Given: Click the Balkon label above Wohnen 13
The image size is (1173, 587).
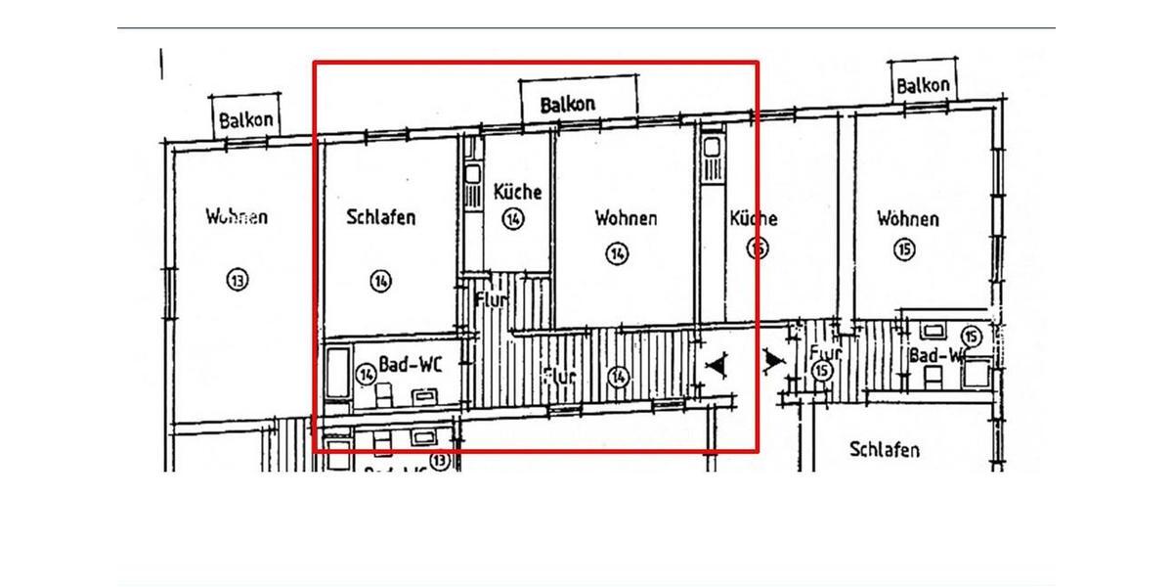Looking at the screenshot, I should point(245,120).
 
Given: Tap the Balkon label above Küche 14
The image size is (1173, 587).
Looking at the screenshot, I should point(568,103).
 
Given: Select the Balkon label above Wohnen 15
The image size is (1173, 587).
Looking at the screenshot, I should point(923,86).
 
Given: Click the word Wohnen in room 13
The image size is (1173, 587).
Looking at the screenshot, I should point(237,217).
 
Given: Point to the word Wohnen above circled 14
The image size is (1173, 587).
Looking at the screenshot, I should point(626,218).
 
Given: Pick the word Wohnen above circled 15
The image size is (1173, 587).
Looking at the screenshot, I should point(907,218).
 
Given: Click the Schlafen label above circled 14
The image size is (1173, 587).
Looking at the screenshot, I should point(380,217).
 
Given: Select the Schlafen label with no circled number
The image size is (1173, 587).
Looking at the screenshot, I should point(884,450).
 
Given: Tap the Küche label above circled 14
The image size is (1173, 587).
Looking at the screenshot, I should point(517,192).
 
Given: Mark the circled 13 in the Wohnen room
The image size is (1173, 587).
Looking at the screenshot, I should point(237,281).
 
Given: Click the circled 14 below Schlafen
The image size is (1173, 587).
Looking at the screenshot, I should point(380,282).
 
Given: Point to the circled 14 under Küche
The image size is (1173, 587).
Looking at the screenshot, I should point(513,219).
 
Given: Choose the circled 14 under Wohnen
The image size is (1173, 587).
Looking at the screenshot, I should point(617,254).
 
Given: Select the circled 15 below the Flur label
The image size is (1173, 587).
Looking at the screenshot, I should point(822,371).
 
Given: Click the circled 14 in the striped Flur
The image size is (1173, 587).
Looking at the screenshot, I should point(617,377).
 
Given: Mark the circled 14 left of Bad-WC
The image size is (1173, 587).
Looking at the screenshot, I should point(366,373).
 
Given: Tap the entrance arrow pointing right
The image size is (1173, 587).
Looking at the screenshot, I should point(773,362).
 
